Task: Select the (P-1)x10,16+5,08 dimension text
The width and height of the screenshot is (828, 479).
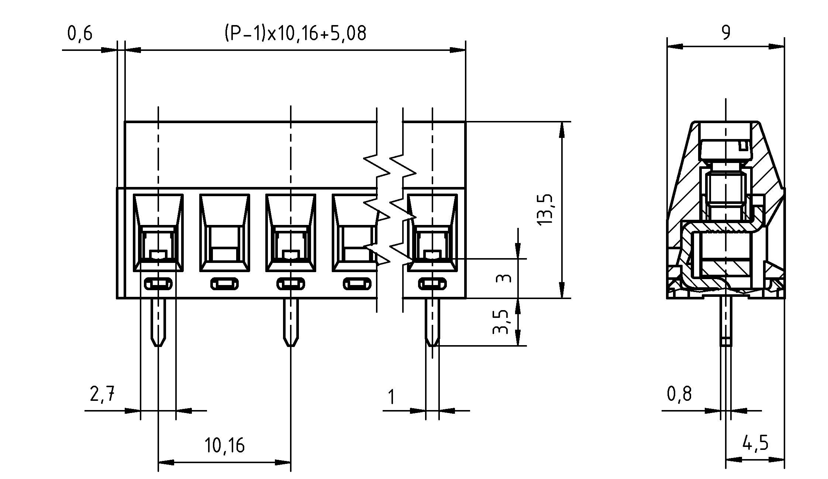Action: click(x=295, y=33)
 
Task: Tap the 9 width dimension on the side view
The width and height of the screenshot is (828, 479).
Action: click(x=725, y=33)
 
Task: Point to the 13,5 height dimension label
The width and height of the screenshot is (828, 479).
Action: click(x=545, y=209)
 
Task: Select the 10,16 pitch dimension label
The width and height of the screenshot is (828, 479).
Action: click(x=224, y=445)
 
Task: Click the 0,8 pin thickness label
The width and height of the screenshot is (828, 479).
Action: click(x=679, y=394)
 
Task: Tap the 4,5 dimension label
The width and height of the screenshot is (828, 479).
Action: click(x=755, y=442)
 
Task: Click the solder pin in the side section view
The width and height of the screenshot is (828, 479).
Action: click(x=726, y=321)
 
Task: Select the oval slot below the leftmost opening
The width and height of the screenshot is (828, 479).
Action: click(x=158, y=284)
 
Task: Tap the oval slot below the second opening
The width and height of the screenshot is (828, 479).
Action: click(x=224, y=284)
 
